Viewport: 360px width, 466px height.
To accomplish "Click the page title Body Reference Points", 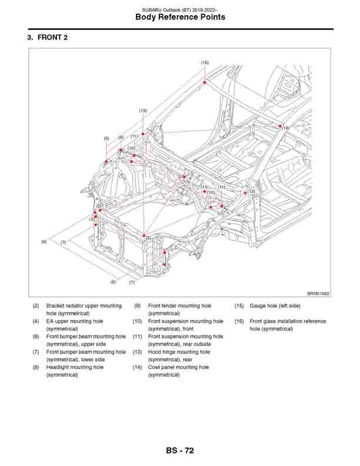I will coord(180,17).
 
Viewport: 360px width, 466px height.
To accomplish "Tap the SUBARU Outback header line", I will coord(180,8).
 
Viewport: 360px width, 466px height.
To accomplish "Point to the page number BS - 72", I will coord(180,451).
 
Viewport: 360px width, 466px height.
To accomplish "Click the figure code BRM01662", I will coord(318,293).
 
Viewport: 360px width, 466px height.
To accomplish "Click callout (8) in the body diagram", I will coord(106,139).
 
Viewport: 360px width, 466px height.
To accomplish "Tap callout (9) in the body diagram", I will coord(121,138).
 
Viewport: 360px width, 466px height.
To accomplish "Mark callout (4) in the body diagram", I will coord(92,219).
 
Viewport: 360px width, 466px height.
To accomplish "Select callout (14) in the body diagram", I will coord(205,187).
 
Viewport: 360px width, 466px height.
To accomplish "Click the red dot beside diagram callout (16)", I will coord(280,125).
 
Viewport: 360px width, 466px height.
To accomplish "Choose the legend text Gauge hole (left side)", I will coord(275,306).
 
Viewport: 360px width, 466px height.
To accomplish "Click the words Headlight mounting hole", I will coord(75,367).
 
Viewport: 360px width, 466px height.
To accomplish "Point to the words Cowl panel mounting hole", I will coord(178,367).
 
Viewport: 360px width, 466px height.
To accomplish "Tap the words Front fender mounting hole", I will coord(179,306).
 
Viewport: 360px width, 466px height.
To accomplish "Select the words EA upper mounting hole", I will coord(74,321).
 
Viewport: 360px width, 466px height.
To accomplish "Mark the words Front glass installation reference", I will coord(288,321).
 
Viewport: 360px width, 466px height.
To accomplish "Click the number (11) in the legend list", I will coord(137,337).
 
